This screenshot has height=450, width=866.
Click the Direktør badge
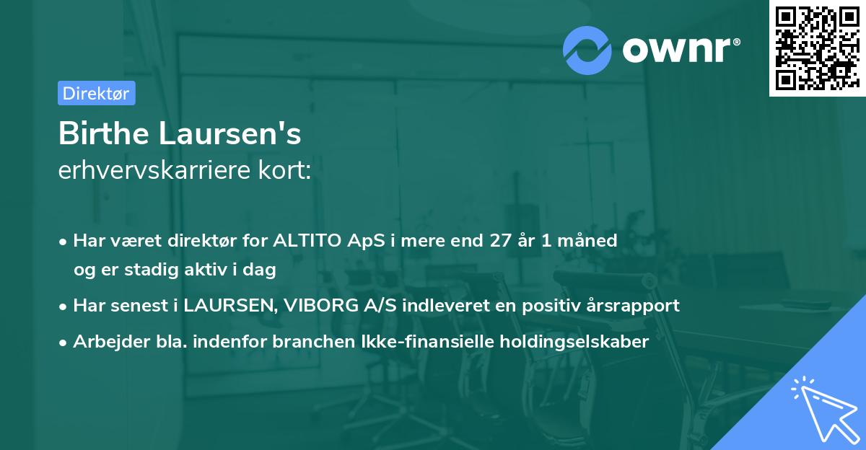pyautogui.click(x=96, y=93)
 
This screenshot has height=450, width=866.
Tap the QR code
pyautogui.click(x=816, y=48)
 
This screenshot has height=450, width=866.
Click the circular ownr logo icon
pyautogui.click(x=587, y=50)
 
